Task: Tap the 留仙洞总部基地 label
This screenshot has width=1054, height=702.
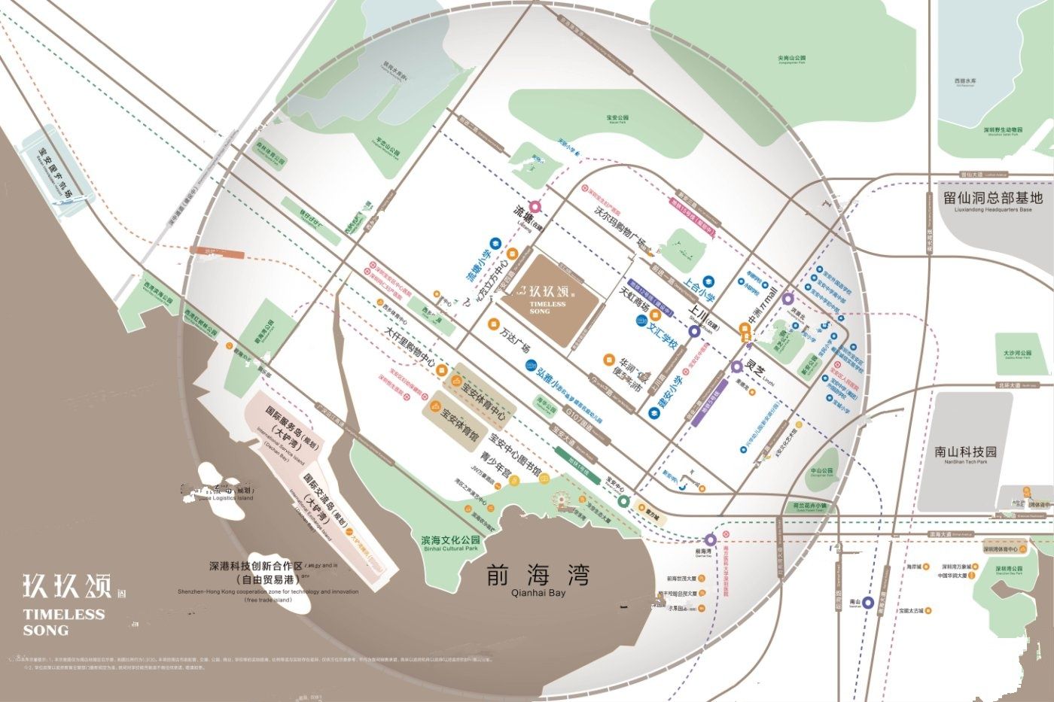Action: (x=993, y=199)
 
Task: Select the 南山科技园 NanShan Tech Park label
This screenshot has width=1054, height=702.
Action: (x=965, y=452)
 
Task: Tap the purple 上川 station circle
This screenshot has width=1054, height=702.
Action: (x=694, y=330)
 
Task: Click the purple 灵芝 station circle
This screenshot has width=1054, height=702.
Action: (x=737, y=367)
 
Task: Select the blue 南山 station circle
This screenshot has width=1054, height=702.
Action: (x=868, y=602)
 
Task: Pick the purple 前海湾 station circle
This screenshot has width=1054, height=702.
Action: (x=710, y=539)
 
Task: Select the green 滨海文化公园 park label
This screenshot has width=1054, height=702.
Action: (x=450, y=543)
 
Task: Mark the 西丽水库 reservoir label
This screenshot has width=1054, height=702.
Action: (x=965, y=81)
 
